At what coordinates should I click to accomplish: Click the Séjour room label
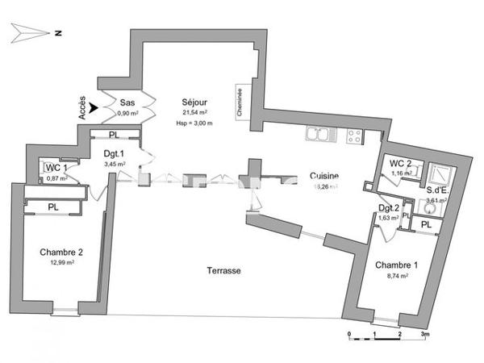tap(195, 103)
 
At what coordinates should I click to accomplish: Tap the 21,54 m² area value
tap(195, 114)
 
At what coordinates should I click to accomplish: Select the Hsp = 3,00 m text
tap(194, 123)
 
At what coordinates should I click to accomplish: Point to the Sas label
tap(127, 103)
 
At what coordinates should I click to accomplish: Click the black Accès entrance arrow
tap(96, 106)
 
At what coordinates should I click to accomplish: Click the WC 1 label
tap(56, 168)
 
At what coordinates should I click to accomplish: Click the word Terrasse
tap(222, 271)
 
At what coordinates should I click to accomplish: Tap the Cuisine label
tap(323, 176)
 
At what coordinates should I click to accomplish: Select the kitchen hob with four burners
tap(355, 136)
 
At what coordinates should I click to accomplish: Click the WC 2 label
tap(400, 164)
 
